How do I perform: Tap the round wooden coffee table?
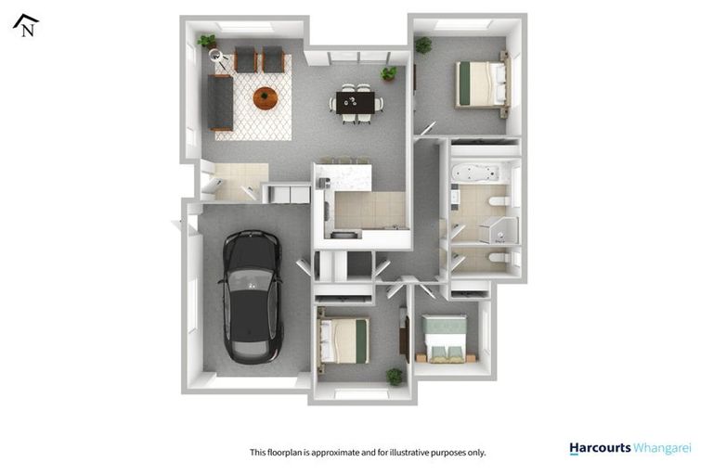click(266, 96)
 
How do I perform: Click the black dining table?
click(356, 102)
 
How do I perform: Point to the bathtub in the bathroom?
click(475, 173)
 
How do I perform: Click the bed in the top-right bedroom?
click(481, 83)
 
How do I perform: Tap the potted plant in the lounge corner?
click(207, 42)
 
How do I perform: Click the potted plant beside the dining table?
click(389, 71)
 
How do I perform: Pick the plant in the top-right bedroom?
click(423, 44)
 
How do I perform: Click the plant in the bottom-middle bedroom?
click(395, 376)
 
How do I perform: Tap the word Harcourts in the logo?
click(599, 449)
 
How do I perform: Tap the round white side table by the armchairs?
click(219, 58)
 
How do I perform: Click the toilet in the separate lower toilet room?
click(497, 257)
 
